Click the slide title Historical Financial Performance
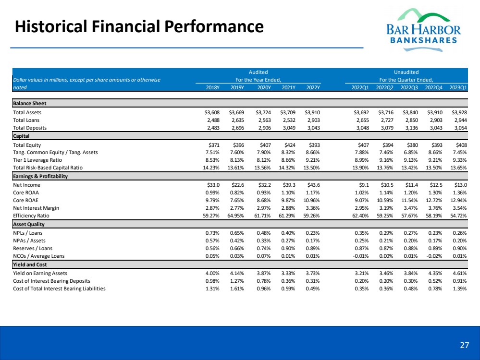pyautogui.click(x=139, y=26)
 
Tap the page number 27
pyautogui.click(x=464, y=345)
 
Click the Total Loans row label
pyautogui.click(x=26, y=120)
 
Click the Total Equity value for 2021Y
pyautogui.click(x=289, y=144)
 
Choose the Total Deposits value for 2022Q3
pyautogui.click(x=409, y=128)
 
